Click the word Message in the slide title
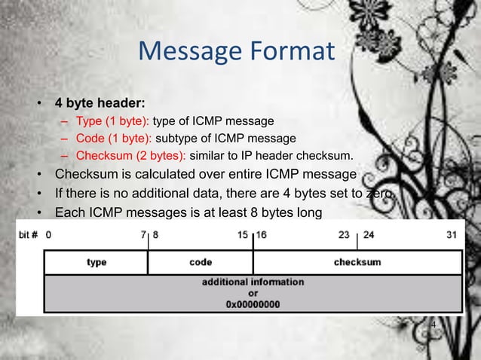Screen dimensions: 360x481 187,53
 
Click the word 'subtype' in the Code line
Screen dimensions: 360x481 179,139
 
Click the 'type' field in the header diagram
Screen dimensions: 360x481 97,262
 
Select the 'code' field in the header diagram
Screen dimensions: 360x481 200,262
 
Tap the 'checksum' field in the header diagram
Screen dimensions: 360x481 357,262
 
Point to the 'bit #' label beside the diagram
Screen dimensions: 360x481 29,234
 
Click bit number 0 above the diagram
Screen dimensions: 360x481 49,234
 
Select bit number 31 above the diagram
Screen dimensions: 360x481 452,234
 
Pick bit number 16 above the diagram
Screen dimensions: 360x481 262,234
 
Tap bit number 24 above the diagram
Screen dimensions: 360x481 369,234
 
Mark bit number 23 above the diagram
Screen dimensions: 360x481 344,234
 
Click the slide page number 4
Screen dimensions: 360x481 433,325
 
